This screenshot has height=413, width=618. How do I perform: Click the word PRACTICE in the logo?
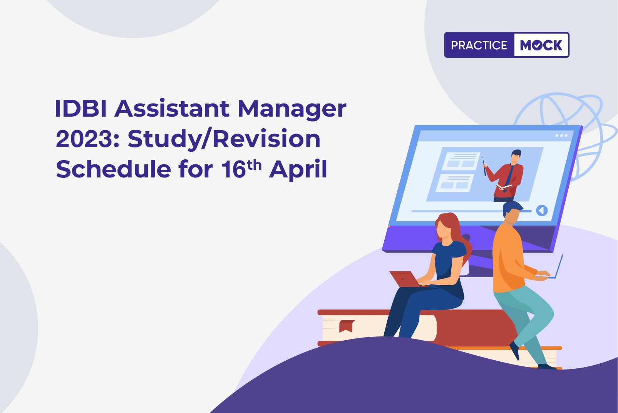point(479,45)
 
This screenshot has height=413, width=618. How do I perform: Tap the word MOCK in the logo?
point(541,45)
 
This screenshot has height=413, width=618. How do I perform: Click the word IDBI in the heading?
point(80,109)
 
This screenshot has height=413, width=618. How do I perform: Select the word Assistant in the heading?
point(172,109)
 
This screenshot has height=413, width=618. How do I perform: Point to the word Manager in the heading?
point(292,110)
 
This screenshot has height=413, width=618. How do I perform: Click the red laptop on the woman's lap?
point(404,279)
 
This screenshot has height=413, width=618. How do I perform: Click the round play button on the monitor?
point(542,211)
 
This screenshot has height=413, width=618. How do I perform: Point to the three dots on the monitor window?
point(561,135)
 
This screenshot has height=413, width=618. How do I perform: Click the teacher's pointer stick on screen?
point(484,166)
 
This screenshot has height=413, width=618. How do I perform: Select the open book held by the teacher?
point(504,187)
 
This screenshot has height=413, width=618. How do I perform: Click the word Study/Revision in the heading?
point(224,139)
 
